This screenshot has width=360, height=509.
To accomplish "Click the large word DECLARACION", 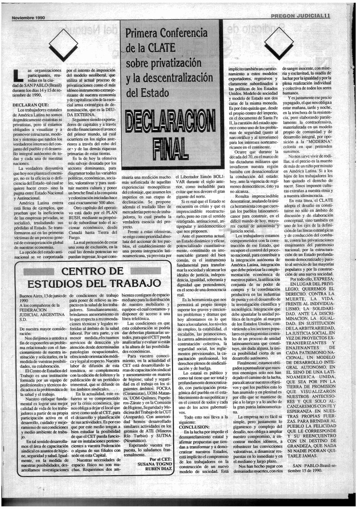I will pos(168,121).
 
